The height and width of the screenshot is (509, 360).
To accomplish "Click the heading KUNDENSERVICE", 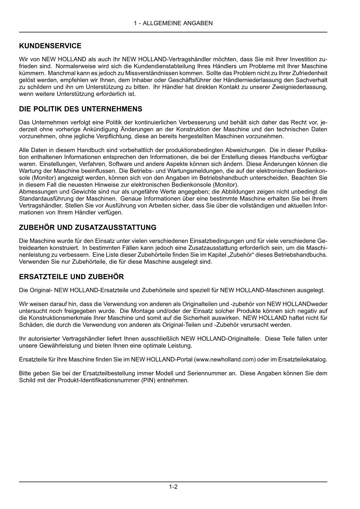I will click(50, 46).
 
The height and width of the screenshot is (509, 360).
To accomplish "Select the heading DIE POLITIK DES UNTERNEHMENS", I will click(81, 109).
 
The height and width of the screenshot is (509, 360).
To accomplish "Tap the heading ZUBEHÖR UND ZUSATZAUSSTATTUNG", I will click(88, 228).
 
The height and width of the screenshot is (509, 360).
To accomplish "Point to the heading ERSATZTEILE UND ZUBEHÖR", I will click(71, 277).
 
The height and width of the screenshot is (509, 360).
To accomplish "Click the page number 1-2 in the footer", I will click(173, 487).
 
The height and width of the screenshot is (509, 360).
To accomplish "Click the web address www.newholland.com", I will click(225, 360).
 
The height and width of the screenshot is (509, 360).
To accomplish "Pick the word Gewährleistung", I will click(59, 346).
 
